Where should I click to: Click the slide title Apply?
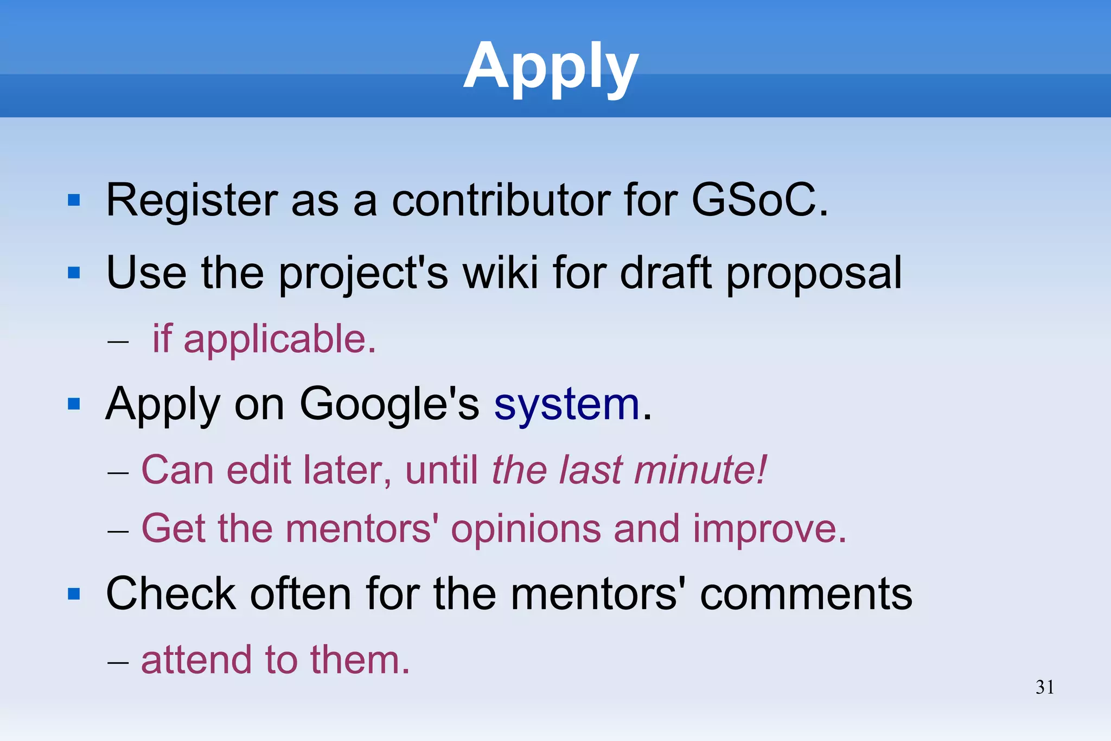click(551, 66)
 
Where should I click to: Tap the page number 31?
click(1045, 687)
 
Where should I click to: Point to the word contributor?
click(501, 200)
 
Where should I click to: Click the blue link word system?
click(567, 405)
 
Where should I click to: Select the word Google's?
click(389, 405)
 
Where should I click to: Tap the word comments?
click(806, 594)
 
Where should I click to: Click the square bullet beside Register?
click(74, 201)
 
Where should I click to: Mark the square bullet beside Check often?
click(74, 594)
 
